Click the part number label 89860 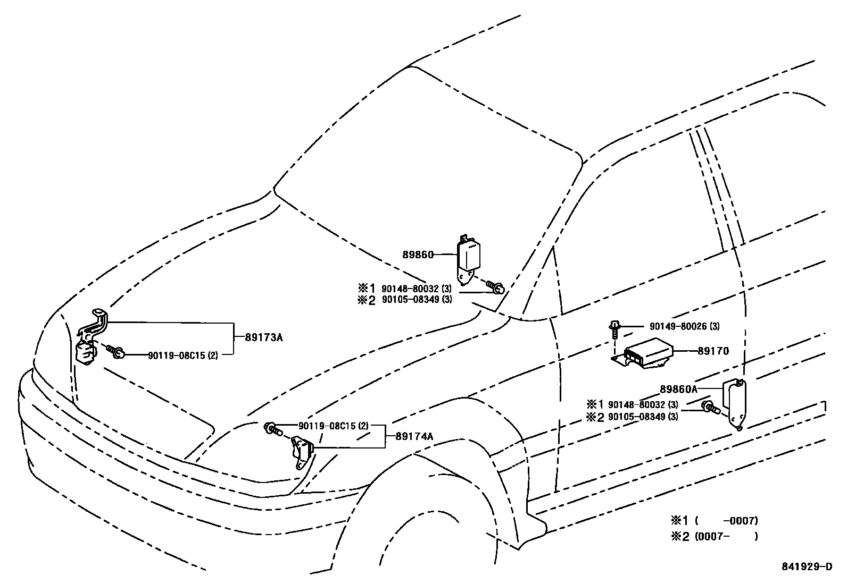point(418,255)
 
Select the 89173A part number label point(264,337)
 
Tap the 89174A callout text point(414,436)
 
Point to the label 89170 point(713,351)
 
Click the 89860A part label point(678,389)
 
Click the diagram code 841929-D point(806,566)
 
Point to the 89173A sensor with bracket point(92,337)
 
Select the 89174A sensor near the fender point(302,451)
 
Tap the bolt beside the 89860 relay point(495,288)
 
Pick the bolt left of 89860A point(710,409)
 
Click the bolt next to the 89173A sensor point(115,351)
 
